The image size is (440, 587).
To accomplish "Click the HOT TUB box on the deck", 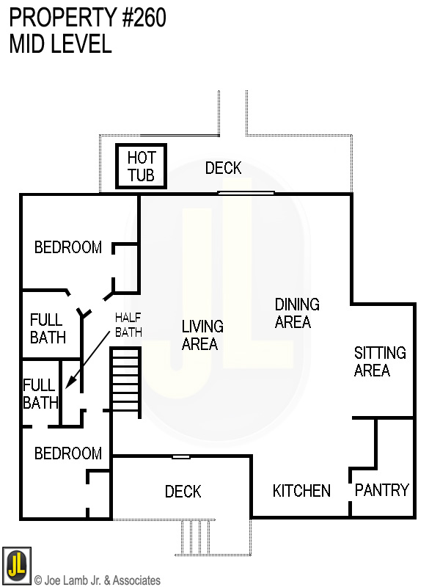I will pyautogui.click(x=141, y=167).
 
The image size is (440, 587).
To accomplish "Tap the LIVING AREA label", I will pyautogui.click(x=202, y=335).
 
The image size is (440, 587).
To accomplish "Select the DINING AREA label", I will pyautogui.click(x=297, y=313).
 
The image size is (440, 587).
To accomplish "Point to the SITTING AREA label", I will pyautogui.click(x=379, y=361).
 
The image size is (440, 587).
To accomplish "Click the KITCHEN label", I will pyautogui.click(x=301, y=491).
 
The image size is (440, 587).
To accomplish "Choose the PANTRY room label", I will pyautogui.click(x=381, y=490).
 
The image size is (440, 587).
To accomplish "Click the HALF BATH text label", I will pyautogui.click(x=128, y=325).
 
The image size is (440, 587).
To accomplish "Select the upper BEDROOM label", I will pyautogui.click(x=68, y=247).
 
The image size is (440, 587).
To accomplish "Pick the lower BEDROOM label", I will pyautogui.click(x=68, y=453).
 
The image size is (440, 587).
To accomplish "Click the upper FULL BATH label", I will pyautogui.click(x=48, y=329).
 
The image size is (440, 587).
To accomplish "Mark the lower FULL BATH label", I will pyautogui.click(x=40, y=393).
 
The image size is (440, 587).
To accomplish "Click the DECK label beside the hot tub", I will pyautogui.click(x=223, y=168).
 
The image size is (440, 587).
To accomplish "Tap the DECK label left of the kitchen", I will pyautogui.click(x=183, y=491).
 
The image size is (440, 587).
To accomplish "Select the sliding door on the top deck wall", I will pyautogui.click(x=246, y=193).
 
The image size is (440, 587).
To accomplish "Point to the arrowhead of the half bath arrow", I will pyautogui.click(x=67, y=386).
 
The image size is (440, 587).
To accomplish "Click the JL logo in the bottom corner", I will pyautogui.click(x=16, y=564).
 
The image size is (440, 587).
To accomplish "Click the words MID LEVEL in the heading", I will pyautogui.click(x=60, y=44).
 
